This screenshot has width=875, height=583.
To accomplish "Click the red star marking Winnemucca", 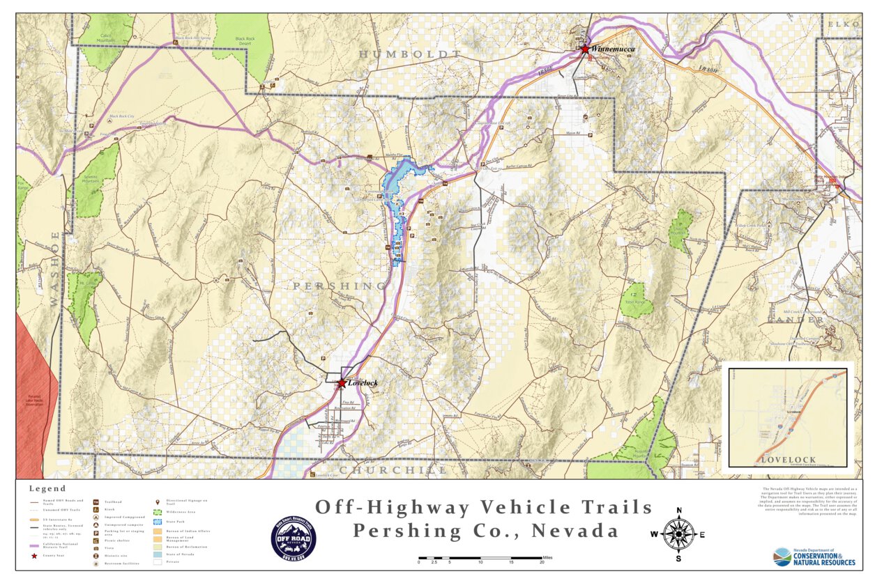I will click(x=585, y=49).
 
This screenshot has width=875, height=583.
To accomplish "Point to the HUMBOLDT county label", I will click(x=410, y=54).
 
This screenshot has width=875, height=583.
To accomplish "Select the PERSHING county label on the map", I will click(x=339, y=286).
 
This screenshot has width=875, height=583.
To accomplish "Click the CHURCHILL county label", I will click(x=394, y=470).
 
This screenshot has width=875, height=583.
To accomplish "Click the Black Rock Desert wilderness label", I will click(x=245, y=41).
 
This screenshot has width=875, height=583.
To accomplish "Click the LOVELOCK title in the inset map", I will click(x=787, y=460).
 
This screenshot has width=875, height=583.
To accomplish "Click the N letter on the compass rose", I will click(x=678, y=510).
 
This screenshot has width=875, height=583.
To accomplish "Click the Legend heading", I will click(x=47, y=488).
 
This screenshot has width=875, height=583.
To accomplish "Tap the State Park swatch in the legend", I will click(x=158, y=521).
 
